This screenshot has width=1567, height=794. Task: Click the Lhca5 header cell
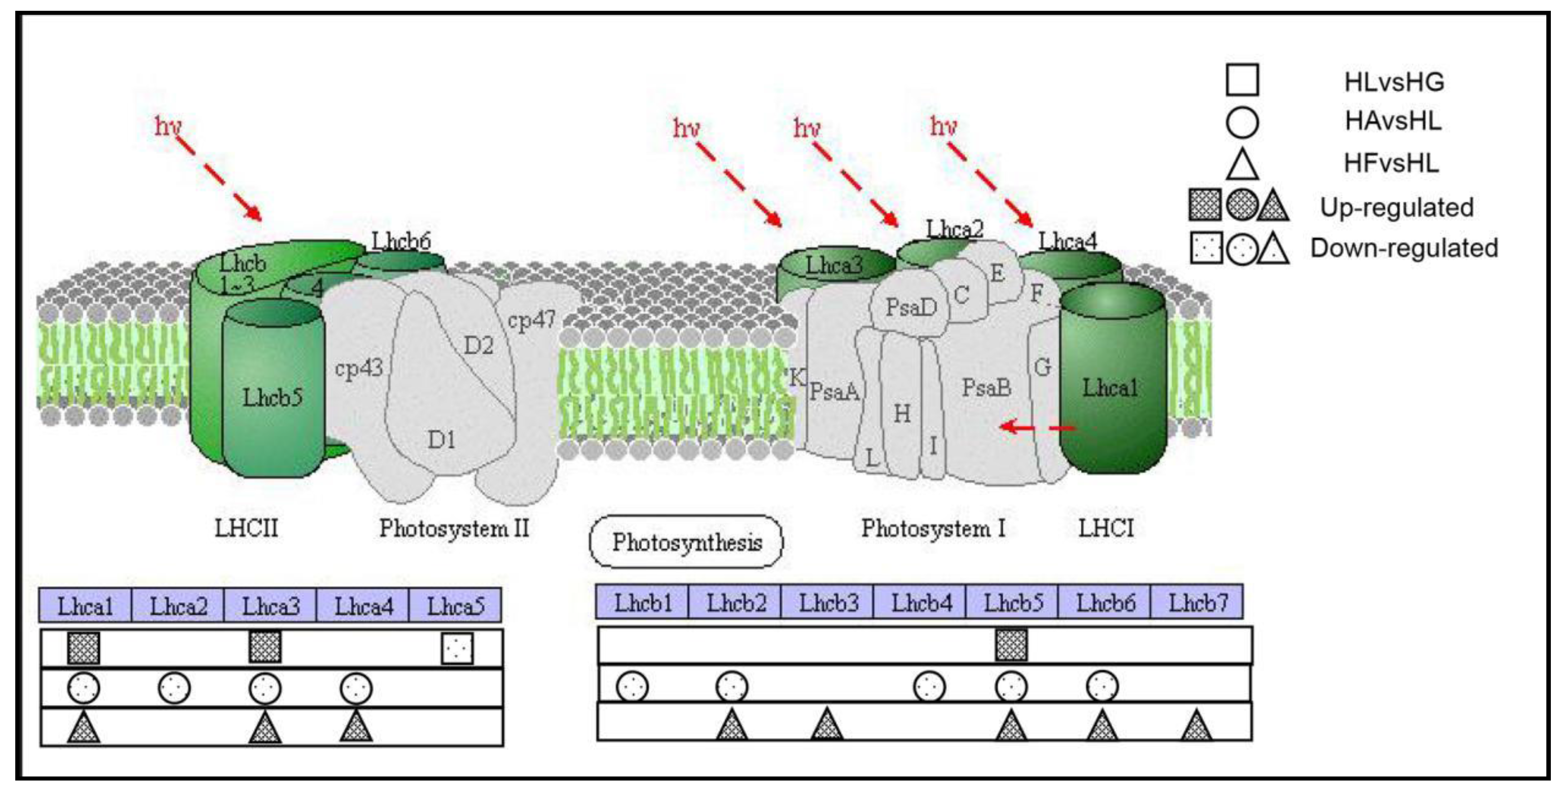456,606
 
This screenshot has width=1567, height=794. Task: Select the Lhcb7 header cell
1197,602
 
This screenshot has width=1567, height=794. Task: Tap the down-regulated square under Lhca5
457,648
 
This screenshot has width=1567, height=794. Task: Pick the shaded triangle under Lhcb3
827,725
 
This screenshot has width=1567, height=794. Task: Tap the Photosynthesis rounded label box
686,542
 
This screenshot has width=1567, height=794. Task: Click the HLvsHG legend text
1394,82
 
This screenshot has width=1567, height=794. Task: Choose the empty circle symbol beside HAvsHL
1242,122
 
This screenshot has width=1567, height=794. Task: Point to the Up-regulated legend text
1397,207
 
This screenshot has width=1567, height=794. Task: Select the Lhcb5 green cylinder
272,396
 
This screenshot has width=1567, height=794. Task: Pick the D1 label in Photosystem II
441,439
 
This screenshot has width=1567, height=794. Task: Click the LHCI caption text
1106,528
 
